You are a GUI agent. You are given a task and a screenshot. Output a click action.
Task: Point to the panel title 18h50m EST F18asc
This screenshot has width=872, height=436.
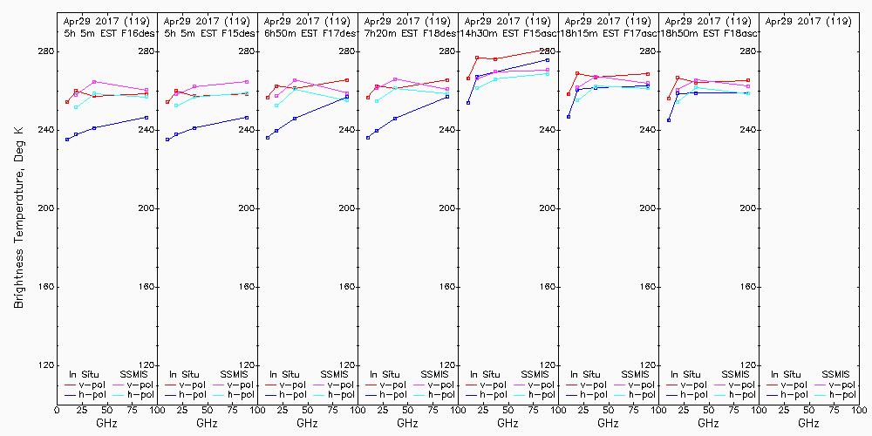[x=708, y=32]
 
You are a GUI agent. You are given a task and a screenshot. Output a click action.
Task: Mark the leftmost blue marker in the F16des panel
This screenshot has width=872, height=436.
[x=67, y=140]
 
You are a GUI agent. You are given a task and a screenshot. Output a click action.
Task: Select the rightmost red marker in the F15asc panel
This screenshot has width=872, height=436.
[x=548, y=50]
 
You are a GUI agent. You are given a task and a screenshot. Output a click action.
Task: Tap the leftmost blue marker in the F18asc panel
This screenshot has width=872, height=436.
[x=669, y=120]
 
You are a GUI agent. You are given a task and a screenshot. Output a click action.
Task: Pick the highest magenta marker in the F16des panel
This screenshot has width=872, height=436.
[x=93, y=82]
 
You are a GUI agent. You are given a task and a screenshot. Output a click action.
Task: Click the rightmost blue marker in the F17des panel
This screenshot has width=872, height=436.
[x=347, y=97]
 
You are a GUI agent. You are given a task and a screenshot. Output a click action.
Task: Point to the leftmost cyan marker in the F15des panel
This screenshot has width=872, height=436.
[x=176, y=106]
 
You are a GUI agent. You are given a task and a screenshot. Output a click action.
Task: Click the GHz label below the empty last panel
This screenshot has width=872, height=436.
[x=808, y=423]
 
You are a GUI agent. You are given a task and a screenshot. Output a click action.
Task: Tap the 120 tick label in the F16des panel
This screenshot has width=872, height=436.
[x=145, y=365]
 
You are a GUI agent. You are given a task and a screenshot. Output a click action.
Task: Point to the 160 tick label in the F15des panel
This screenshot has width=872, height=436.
[x=245, y=287]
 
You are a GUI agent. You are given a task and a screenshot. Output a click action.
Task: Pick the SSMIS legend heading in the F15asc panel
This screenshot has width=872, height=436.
[x=534, y=374]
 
